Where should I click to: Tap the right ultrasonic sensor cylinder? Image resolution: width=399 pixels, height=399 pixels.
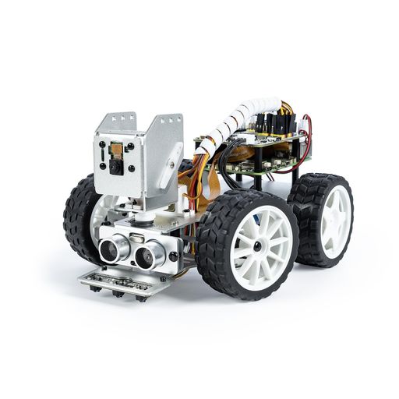pos(147,253)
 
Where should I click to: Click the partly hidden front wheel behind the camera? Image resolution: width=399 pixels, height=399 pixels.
pos(80,214)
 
